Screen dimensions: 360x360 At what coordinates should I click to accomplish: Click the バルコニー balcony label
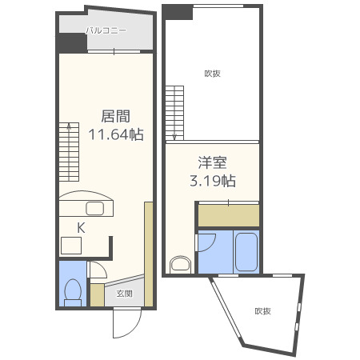point(106,30)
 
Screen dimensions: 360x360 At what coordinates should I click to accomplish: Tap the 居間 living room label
point(115,116)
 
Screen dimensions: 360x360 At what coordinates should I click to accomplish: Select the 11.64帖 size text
point(115,134)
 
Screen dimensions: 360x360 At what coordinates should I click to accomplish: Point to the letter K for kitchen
point(81,228)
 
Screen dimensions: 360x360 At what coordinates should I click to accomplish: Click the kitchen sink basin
point(95,209)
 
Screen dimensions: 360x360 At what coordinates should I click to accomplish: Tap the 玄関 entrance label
point(125,294)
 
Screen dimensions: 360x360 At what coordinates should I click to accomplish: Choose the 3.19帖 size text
point(212,180)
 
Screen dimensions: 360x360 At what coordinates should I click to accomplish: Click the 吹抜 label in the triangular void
point(263,311)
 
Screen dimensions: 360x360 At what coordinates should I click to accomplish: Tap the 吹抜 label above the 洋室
point(213,74)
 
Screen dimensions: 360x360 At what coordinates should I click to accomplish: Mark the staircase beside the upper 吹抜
point(175,112)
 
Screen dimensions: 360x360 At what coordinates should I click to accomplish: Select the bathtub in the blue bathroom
point(246,253)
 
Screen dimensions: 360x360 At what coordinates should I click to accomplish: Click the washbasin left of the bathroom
point(181,264)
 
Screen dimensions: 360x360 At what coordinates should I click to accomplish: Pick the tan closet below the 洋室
point(228,215)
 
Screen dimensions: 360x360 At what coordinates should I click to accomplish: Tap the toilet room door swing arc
point(97,273)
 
